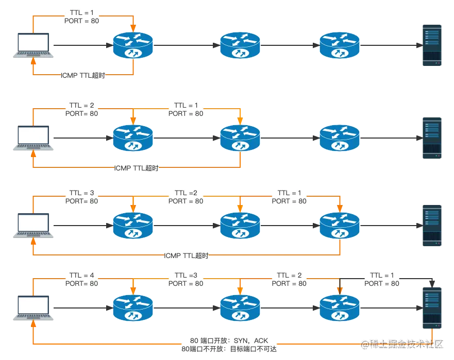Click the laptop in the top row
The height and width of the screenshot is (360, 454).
point(33,45)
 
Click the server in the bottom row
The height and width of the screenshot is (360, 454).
point(432,308)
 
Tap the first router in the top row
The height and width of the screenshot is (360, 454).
point(133,45)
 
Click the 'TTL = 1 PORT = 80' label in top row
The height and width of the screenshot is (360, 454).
point(82,16)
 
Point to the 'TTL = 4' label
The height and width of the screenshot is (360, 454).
point(82,275)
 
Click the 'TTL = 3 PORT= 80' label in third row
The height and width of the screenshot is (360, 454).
point(82,197)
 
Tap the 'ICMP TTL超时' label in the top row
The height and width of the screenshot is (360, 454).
point(83,75)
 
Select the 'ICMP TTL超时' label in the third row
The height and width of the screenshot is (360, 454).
point(186,255)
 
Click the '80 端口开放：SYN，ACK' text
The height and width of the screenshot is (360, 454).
point(229,340)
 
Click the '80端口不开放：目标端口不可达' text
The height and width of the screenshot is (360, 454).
point(229,349)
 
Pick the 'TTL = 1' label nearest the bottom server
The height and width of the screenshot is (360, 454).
point(382,275)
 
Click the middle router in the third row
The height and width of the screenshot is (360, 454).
point(240,226)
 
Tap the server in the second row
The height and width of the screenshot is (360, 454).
point(432,138)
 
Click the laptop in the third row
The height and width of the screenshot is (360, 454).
point(33,226)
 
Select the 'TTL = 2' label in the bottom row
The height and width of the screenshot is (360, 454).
point(289,275)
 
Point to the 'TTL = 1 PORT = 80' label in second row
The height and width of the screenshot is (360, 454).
point(186,109)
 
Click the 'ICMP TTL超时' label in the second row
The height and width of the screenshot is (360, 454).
point(137,167)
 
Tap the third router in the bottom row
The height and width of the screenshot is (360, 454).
point(340,308)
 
